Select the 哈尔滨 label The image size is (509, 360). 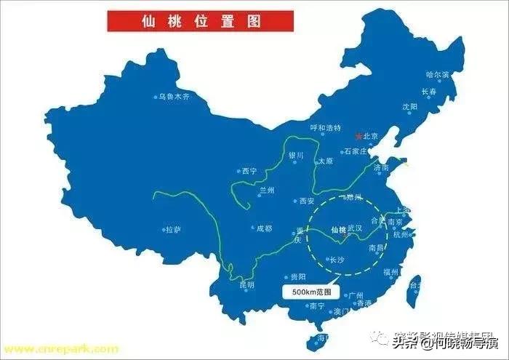[x=438, y=75]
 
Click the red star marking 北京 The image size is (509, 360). [x=357, y=135]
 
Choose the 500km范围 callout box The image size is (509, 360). [x=311, y=292]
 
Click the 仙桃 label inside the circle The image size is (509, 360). [x=338, y=230]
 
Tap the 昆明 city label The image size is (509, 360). [x=247, y=285]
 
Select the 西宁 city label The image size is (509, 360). [x=249, y=172]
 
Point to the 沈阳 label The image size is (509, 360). [x=410, y=106]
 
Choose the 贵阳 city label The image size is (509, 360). [x=297, y=276]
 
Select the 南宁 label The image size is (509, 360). [x=317, y=306]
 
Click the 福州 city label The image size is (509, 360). [x=391, y=272]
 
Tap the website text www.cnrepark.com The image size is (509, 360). [x=60, y=349]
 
